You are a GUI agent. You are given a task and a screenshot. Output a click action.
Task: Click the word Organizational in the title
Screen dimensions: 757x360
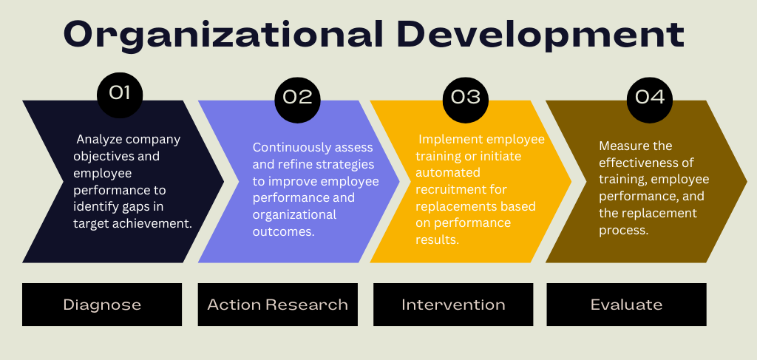[x=223, y=35]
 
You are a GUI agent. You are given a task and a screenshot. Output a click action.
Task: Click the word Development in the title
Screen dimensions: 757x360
[x=543, y=35]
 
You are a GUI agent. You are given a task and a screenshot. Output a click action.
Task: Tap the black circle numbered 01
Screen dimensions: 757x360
[x=120, y=95]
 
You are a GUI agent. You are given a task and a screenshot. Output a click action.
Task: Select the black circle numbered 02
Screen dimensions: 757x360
[x=297, y=100]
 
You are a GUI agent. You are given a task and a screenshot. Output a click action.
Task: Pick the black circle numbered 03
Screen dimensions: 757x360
[x=466, y=100]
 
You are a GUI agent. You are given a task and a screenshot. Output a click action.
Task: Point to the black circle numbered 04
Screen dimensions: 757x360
[x=649, y=100]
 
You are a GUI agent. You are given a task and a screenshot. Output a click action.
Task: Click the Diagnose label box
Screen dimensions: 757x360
[x=102, y=305]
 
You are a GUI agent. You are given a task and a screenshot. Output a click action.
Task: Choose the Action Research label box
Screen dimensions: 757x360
[x=278, y=305]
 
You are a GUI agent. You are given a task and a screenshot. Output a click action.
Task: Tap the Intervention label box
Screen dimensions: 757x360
[x=453, y=305]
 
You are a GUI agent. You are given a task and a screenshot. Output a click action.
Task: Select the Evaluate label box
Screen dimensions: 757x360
[x=626, y=305]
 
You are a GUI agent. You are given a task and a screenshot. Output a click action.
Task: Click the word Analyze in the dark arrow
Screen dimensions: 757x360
[x=95, y=140]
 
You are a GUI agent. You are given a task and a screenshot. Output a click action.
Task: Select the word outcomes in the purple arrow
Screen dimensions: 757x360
[x=283, y=231]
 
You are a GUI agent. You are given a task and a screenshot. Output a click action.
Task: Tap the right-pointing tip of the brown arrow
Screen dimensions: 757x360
[x=747, y=181]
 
